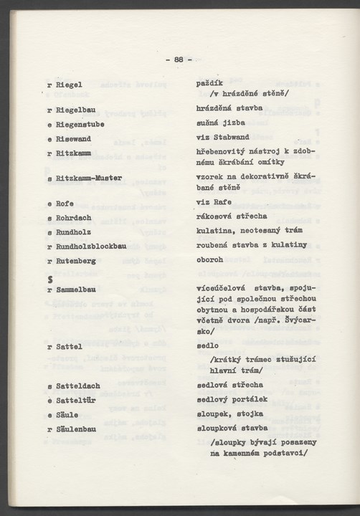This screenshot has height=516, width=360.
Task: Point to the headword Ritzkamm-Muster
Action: (x=89, y=178)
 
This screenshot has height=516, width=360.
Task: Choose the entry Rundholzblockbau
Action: (x=90, y=246)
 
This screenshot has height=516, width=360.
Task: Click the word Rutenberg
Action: (x=75, y=260)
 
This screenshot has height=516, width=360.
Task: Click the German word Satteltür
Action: (x=77, y=400)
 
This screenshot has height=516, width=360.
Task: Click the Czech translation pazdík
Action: (x=209, y=83)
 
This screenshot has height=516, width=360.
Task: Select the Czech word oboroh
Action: (x=209, y=260)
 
